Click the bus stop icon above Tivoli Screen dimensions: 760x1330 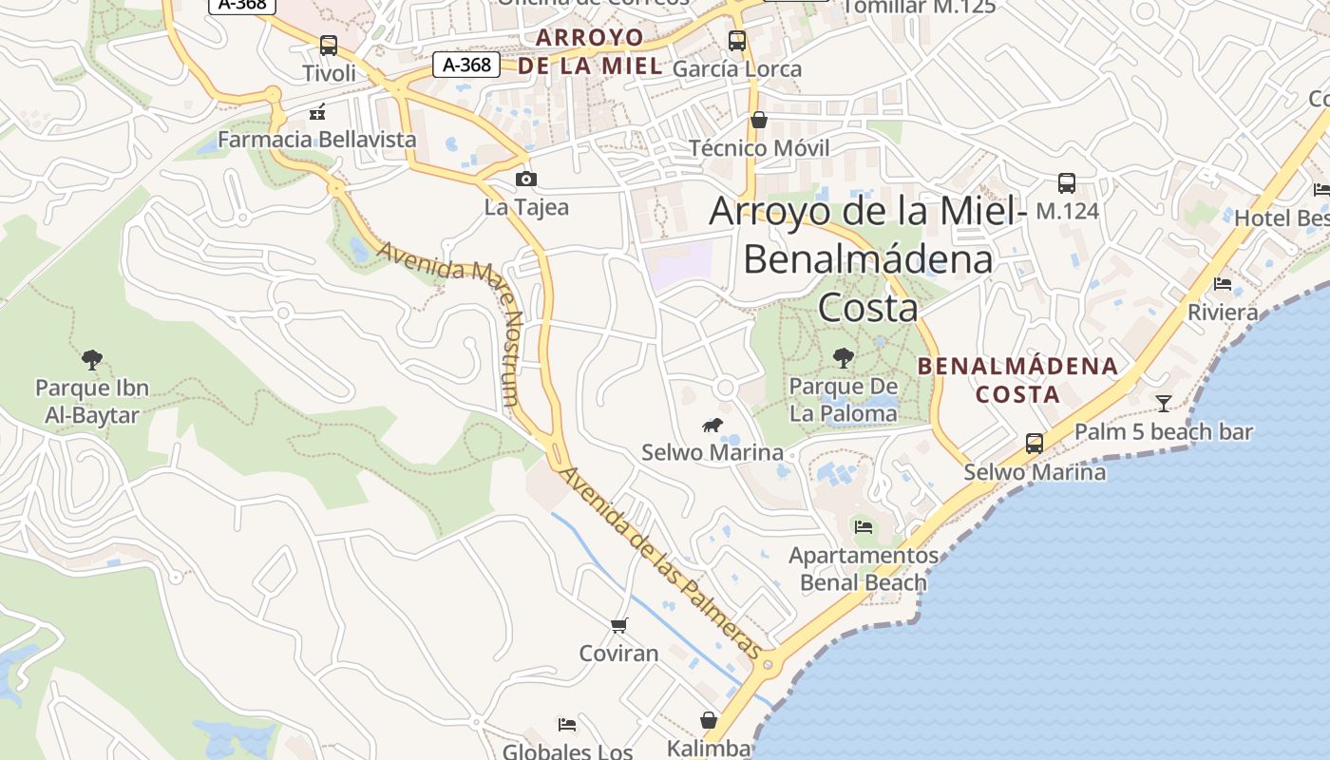329,45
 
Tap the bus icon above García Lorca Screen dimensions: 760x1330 737,40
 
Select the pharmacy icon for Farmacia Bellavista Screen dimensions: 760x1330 317,112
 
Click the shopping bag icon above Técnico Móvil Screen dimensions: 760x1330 759,120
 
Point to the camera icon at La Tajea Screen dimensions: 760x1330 525,179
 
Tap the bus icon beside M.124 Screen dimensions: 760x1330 1067,182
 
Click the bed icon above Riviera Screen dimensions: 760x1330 1223,284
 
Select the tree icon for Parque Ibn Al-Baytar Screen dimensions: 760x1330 92,359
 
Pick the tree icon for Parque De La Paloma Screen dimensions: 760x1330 843,358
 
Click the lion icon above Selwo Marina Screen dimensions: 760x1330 712,425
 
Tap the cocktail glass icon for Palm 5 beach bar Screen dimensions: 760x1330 1164,403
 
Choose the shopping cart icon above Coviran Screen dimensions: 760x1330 619,625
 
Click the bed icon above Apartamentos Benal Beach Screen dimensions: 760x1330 864,526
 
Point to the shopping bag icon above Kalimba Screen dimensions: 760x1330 709,720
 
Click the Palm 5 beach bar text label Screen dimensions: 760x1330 1164,432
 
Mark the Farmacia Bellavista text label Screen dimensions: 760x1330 317,140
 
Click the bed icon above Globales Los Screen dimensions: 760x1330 567,725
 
